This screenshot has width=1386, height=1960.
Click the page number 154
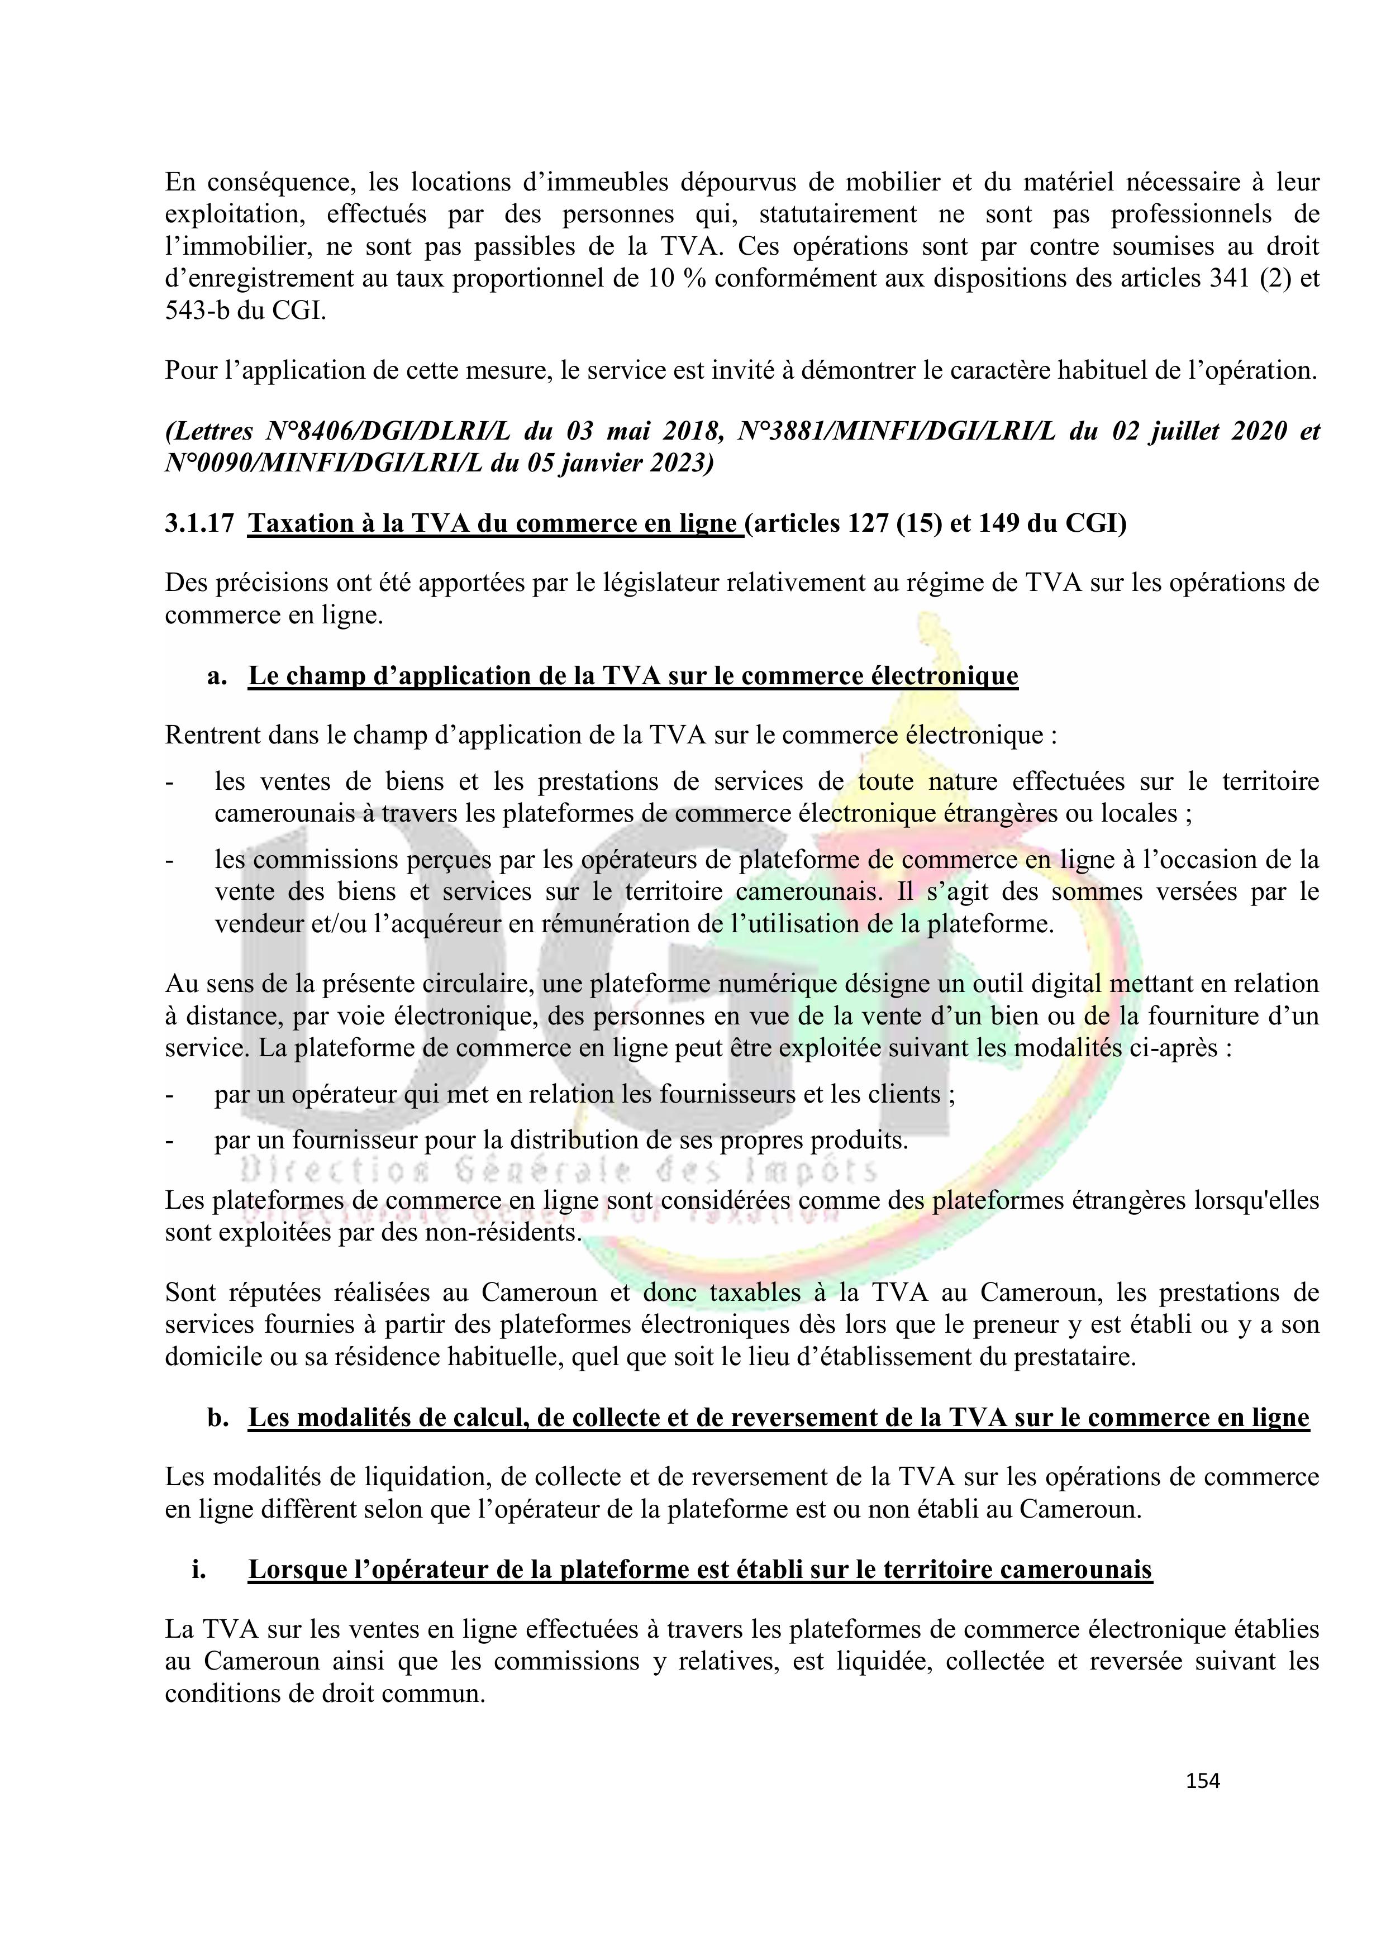click(x=1202, y=1781)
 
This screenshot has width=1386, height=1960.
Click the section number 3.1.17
click(x=199, y=523)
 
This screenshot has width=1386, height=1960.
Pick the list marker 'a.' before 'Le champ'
click(x=217, y=676)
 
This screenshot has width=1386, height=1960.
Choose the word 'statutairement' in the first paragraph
click(x=837, y=214)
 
